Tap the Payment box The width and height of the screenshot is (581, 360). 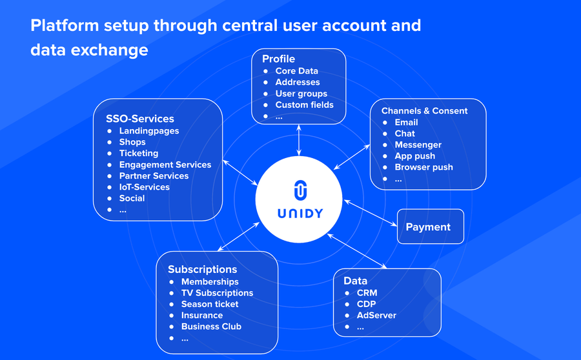tap(430, 226)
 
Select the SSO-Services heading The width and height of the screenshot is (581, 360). tap(140, 119)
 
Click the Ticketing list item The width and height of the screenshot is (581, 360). tap(138, 153)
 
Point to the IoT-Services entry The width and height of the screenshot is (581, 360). tap(144, 187)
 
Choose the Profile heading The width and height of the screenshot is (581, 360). tap(278, 59)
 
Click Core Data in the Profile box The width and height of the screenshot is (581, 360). tap(296, 71)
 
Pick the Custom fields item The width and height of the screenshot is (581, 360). tap(304, 105)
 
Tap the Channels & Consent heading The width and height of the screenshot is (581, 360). tap(424, 111)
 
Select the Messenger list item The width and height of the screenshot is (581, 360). tap(418, 145)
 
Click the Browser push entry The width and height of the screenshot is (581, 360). tap(423, 167)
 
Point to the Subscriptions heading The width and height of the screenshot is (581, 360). tap(202, 269)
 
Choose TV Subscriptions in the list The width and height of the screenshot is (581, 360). tap(217, 293)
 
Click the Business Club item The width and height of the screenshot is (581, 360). tap(211, 326)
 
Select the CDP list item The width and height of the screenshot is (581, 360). tap(366, 304)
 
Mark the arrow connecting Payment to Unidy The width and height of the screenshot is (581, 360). tap(370, 213)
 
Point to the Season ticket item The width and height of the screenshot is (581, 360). tap(210, 304)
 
